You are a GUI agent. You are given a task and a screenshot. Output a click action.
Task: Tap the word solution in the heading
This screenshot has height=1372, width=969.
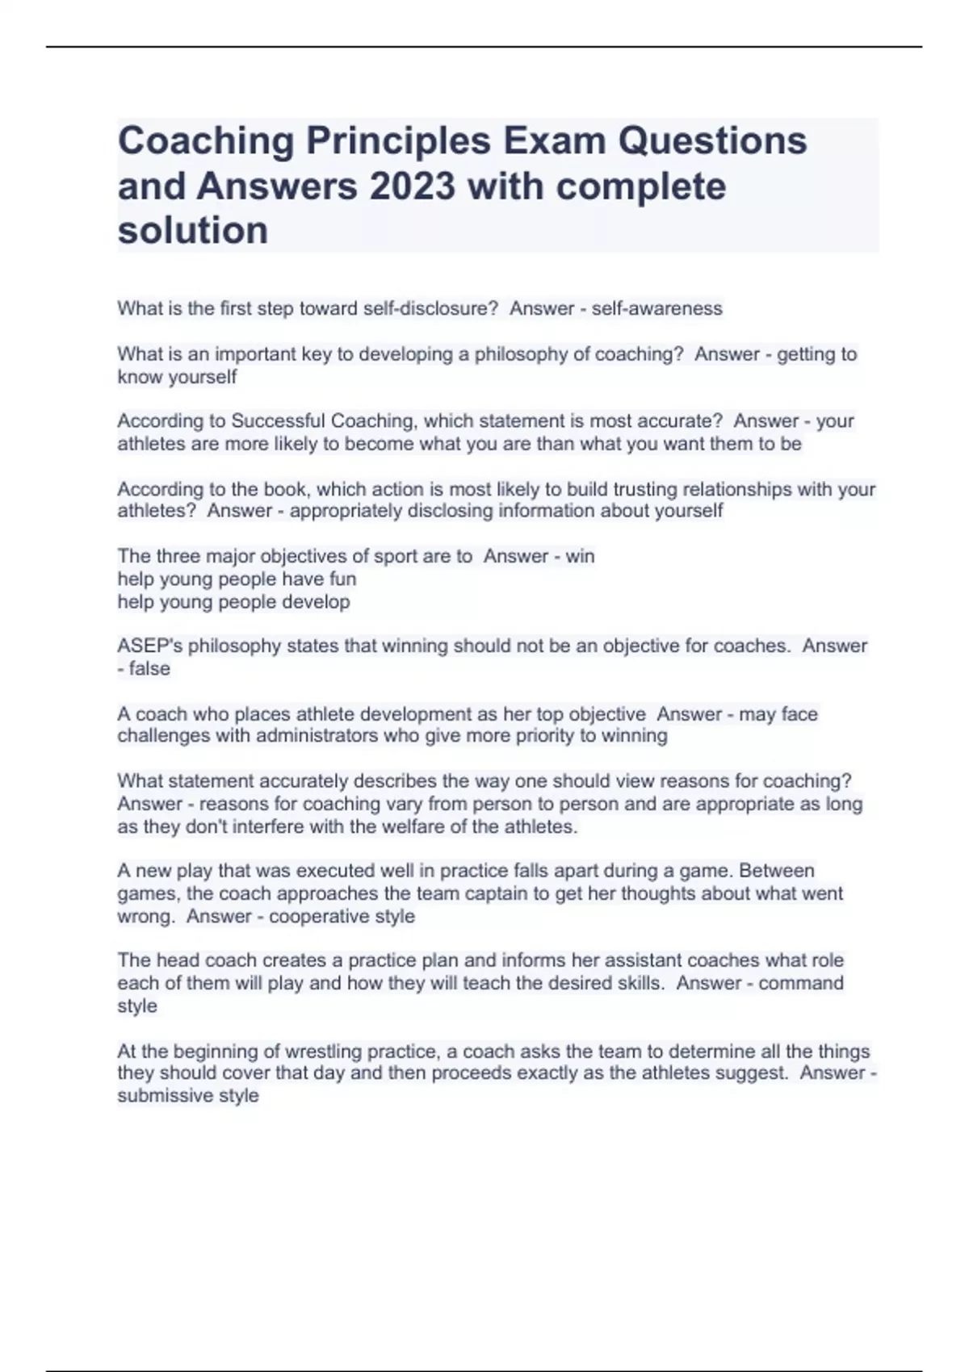(x=193, y=231)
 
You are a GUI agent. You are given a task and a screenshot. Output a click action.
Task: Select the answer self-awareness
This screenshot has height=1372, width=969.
(x=656, y=308)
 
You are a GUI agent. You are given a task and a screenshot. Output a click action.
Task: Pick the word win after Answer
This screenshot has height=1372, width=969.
(x=580, y=556)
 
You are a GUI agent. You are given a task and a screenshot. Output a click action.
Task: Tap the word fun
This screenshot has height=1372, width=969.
(x=342, y=579)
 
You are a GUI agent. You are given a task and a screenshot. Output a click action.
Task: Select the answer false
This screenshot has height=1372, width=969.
(x=149, y=668)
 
